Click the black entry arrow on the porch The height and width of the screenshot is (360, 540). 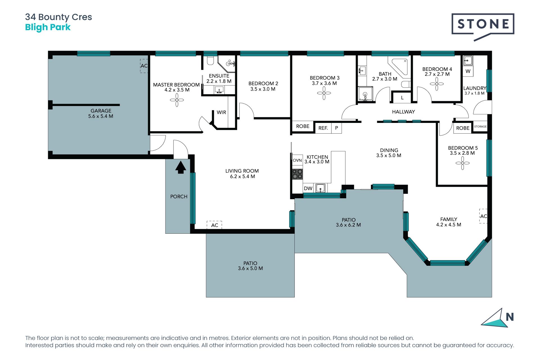coord(181,167)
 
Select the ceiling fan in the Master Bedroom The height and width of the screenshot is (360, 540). coord(177,100)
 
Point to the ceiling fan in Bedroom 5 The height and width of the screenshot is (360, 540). coord(462,163)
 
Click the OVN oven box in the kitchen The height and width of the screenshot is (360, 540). coord(297,160)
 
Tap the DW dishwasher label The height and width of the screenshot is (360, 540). coord(308,188)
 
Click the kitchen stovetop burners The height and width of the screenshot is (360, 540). coord(297,174)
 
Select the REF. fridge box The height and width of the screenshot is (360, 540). coord(323,128)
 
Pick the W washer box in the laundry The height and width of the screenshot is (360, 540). coord(468,71)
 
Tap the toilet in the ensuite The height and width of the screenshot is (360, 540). coord(210,60)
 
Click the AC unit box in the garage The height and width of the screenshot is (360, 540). coord(144,66)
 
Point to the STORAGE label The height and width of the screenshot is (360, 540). coord(480,127)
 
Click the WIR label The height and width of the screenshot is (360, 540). coord(221,112)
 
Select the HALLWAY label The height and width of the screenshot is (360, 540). coord(403,112)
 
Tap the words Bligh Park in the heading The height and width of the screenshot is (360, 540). coord(48,28)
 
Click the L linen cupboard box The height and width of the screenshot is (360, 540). coord(402,98)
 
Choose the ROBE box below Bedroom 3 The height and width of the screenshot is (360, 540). coord(303,127)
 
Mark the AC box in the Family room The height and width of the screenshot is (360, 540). coord(483,216)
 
